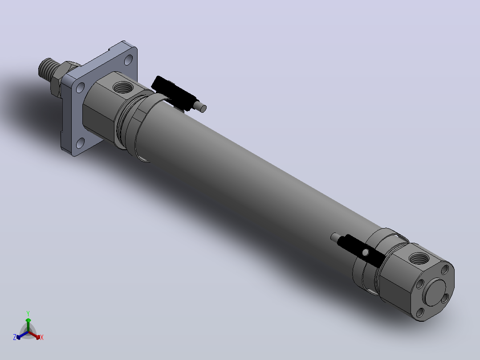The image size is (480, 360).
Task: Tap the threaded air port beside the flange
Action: point(123,87)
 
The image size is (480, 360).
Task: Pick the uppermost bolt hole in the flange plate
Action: point(128,59)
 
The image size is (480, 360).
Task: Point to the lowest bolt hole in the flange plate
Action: point(80,143)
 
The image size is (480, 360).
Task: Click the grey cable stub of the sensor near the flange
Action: point(200,106)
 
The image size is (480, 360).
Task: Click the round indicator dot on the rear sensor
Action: point(366,252)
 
